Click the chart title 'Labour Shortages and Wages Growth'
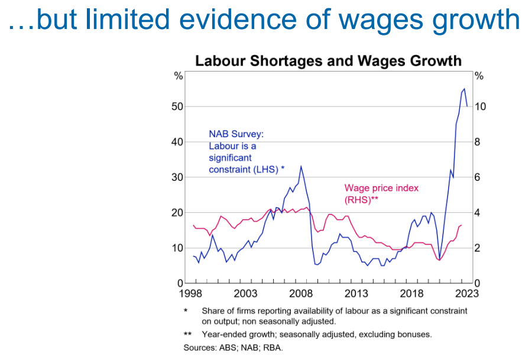coord(328,61)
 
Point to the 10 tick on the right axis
coord(480,106)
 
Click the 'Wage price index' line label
coord(381,189)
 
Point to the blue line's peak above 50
coord(464,89)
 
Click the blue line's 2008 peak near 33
coord(301,166)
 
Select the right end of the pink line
coord(461,225)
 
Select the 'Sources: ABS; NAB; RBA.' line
coord(233,347)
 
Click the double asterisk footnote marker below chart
coord(187,335)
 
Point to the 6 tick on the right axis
coord(478,177)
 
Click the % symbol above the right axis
coord(479,76)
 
